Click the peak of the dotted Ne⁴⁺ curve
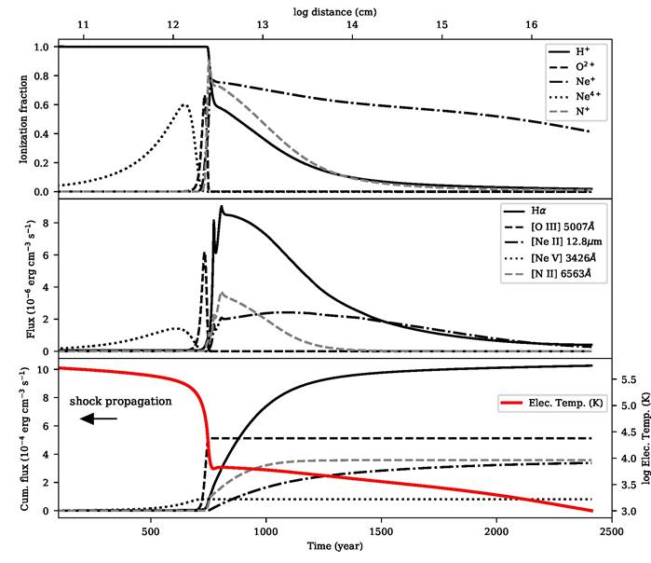(x=184, y=104)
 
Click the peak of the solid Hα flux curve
(x=222, y=206)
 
